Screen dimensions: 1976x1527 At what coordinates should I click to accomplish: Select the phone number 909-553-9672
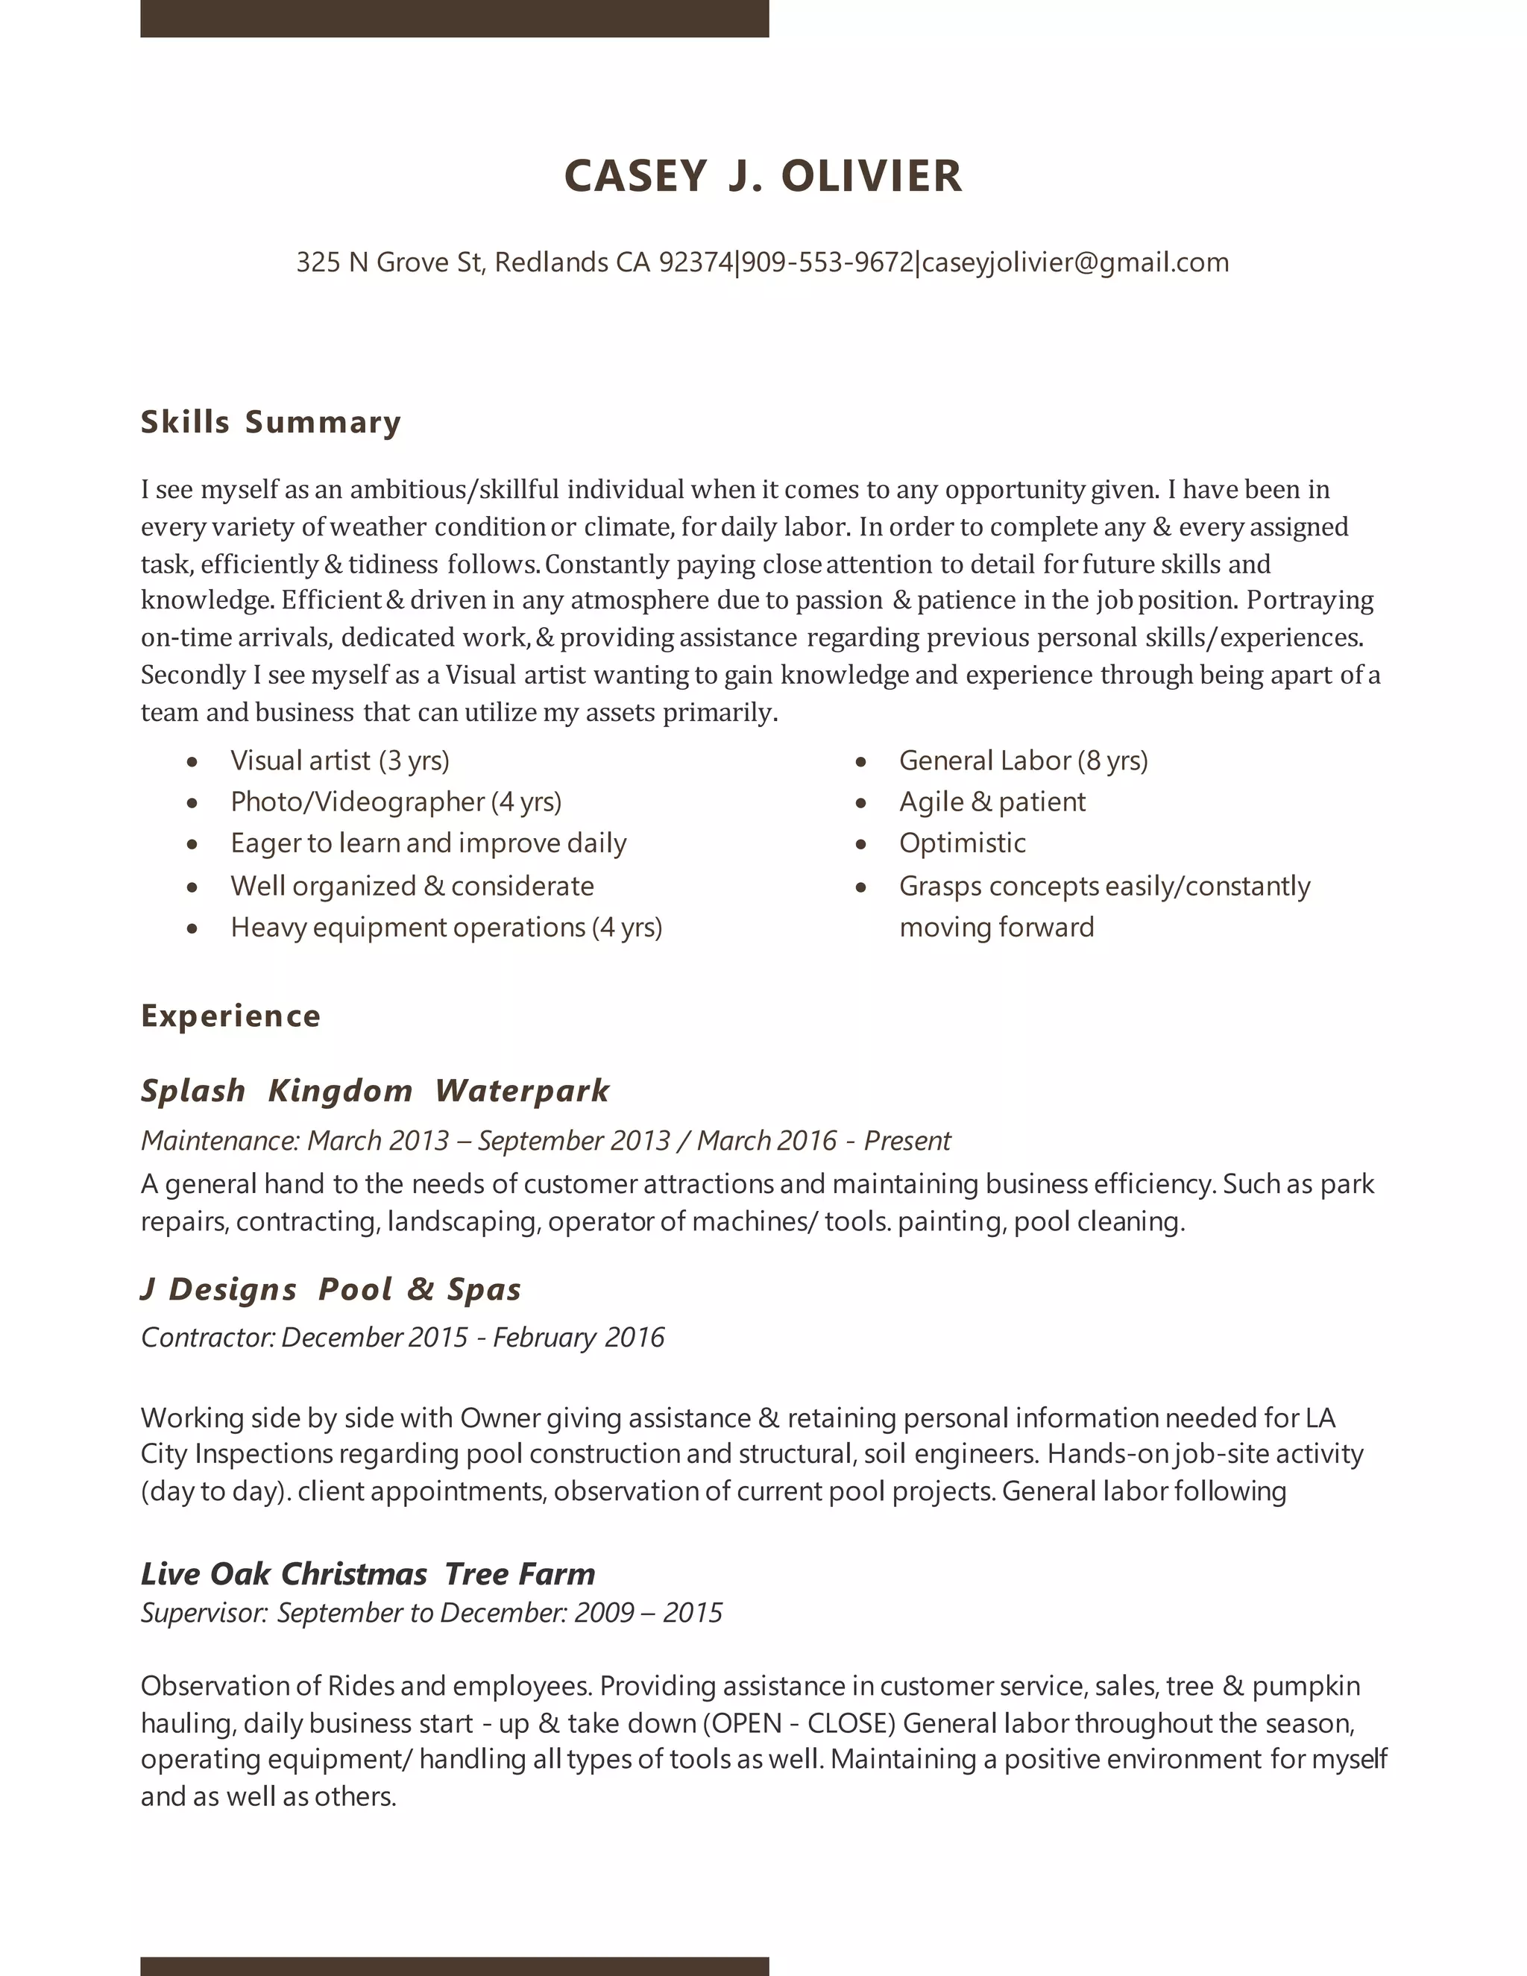(x=828, y=262)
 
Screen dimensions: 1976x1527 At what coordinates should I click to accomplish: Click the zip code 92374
(x=696, y=262)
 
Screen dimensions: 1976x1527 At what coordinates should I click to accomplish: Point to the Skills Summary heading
(x=271, y=423)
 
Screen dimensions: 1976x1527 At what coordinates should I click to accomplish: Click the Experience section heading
(x=230, y=1016)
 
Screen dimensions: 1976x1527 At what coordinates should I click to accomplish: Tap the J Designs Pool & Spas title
(x=331, y=1289)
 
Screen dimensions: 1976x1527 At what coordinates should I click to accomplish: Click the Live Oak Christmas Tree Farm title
(x=368, y=1573)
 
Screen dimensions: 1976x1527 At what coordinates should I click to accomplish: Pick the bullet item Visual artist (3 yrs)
(x=339, y=760)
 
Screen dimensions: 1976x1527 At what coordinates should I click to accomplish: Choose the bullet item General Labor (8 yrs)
(x=1023, y=760)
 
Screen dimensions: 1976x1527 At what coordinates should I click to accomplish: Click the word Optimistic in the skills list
(x=963, y=843)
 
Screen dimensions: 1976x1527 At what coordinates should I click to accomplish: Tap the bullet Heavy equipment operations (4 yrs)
(x=446, y=928)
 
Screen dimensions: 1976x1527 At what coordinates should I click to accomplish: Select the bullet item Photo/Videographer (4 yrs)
(x=395, y=802)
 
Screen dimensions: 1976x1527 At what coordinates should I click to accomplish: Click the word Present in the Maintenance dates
(x=907, y=1140)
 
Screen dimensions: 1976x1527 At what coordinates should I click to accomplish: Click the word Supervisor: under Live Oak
(x=204, y=1613)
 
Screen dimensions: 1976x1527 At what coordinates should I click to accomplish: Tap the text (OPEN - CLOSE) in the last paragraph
(x=799, y=1723)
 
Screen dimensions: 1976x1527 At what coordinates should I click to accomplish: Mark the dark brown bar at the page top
(x=454, y=18)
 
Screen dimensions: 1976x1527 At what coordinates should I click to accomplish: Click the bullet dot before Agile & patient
(x=861, y=802)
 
